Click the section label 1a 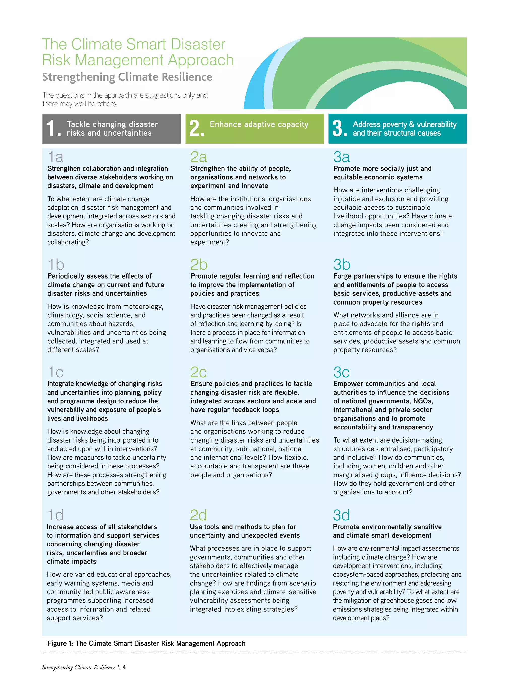point(56,157)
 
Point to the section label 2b point(199,265)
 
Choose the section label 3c point(341,372)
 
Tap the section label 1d point(55,515)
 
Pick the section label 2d point(199,515)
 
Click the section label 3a point(341,157)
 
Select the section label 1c point(55,372)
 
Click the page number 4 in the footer point(124,667)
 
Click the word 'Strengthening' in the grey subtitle point(79,77)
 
